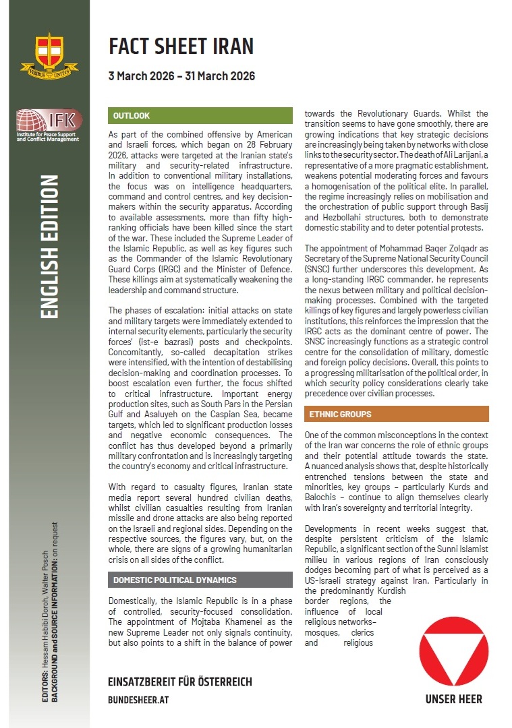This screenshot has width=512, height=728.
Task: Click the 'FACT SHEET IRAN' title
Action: (x=181, y=46)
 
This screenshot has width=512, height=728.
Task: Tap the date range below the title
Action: (x=181, y=76)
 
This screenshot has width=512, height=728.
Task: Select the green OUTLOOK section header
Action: (x=200, y=116)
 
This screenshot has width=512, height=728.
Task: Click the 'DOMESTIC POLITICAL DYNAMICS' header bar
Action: (x=200, y=580)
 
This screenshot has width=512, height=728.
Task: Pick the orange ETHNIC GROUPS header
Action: (x=397, y=414)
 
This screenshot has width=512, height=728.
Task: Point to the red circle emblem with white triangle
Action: (x=453, y=651)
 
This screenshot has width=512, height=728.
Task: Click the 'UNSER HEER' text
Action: (x=453, y=699)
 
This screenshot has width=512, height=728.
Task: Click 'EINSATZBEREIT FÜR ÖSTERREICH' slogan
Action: (x=180, y=681)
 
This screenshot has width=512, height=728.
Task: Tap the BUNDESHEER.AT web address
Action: (x=139, y=700)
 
